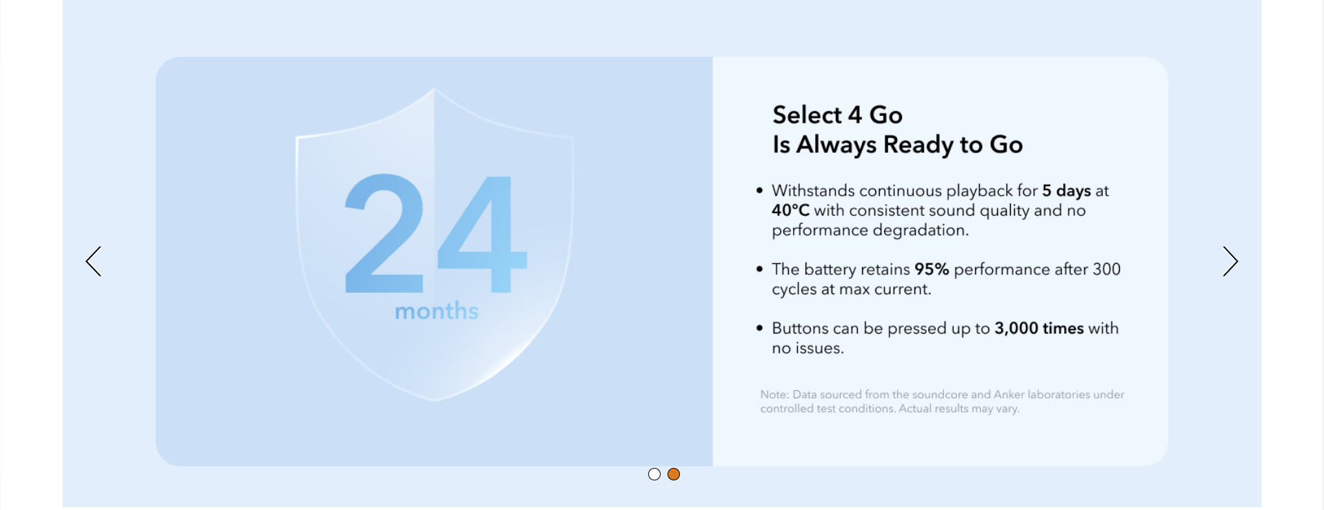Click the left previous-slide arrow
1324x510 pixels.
pos(93,262)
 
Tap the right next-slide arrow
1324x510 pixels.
pos(1231,262)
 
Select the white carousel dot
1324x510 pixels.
pos(654,474)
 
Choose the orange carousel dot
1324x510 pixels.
pos(674,474)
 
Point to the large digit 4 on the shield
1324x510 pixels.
pos(483,234)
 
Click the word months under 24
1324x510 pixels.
pos(437,311)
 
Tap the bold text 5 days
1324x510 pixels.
pos(1066,191)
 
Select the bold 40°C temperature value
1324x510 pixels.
pos(790,210)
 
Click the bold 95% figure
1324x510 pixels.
pos(932,269)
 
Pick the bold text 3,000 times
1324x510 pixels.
pos(1039,329)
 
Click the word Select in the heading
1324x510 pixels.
pos(808,114)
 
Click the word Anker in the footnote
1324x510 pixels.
pos(1009,394)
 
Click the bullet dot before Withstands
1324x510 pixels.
pos(759,190)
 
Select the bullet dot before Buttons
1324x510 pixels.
pos(759,328)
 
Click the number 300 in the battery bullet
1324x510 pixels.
pos(1107,269)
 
